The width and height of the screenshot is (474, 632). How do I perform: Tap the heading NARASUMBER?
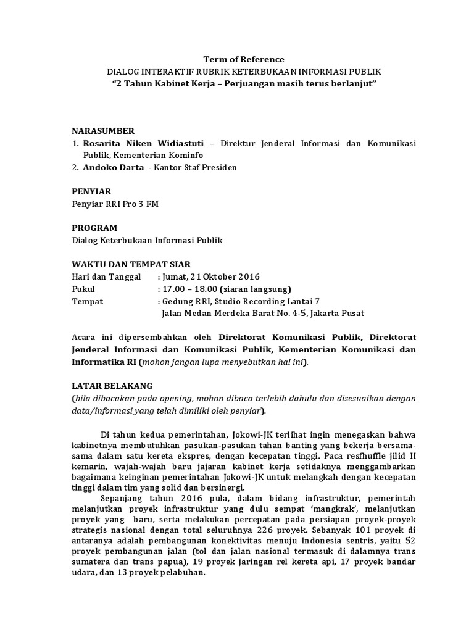click(103, 131)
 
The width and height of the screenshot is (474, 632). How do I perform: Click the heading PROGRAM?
click(94, 228)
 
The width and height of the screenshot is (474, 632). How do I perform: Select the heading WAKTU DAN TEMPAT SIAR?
click(131, 264)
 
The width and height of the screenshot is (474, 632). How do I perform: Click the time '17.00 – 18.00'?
click(186, 289)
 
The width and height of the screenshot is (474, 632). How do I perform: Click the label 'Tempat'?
click(88, 301)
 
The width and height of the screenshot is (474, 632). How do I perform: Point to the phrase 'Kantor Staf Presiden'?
click(197, 167)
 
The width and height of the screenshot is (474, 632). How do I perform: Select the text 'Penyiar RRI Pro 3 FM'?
click(115, 204)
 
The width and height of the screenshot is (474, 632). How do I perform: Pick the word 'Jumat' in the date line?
click(175, 276)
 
